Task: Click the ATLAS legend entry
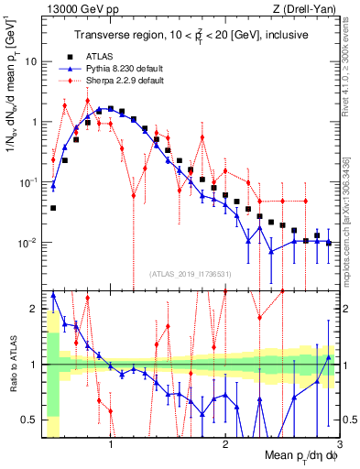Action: coord(107,56)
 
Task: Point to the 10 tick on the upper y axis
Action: coord(32,61)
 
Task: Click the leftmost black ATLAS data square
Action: coord(53,208)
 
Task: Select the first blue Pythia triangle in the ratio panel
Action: coord(53,295)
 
